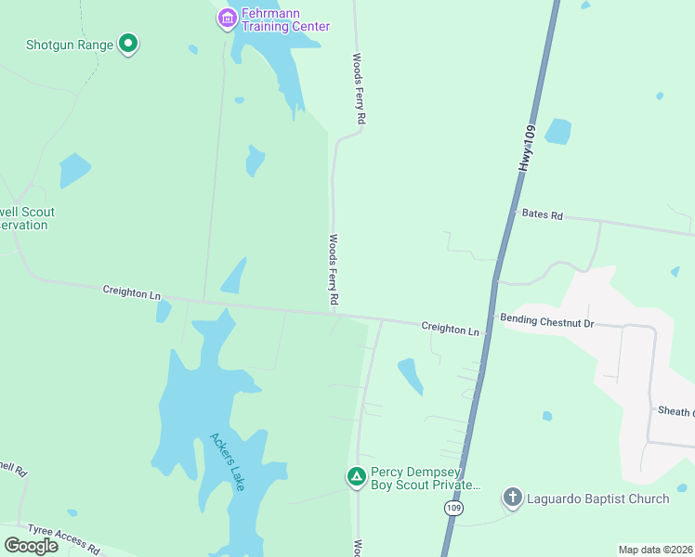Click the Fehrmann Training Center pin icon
point(227,18)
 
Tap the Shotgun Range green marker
point(128,44)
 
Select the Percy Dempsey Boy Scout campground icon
point(356,477)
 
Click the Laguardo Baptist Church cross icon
point(513,499)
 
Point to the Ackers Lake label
point(226,461)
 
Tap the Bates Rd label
point(543,215)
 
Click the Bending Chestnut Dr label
point(547,320)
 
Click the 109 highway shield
point(452,509)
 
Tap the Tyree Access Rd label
point(62,538)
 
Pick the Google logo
point(32,546)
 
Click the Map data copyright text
point(655,550)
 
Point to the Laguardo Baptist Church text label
point(598,499)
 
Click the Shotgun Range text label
point(70,44)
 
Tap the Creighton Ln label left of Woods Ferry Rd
point(131,293)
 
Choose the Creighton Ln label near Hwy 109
point(451,329)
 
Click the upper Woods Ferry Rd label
point(359,89)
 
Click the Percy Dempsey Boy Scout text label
point(426,478)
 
